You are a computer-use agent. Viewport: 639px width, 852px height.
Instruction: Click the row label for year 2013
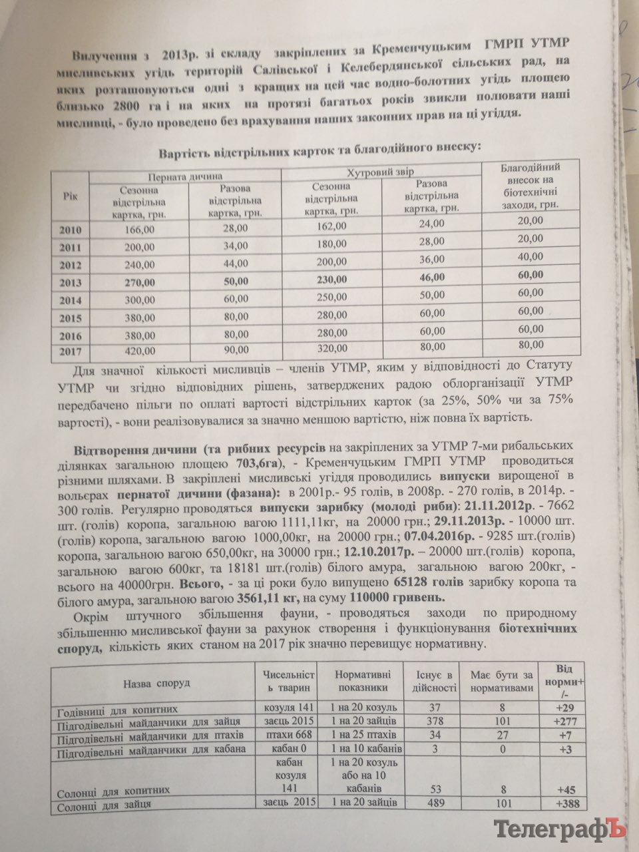70,282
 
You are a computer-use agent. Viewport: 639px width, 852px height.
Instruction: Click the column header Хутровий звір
382,172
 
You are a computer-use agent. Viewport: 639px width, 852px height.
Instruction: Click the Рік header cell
70,197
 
